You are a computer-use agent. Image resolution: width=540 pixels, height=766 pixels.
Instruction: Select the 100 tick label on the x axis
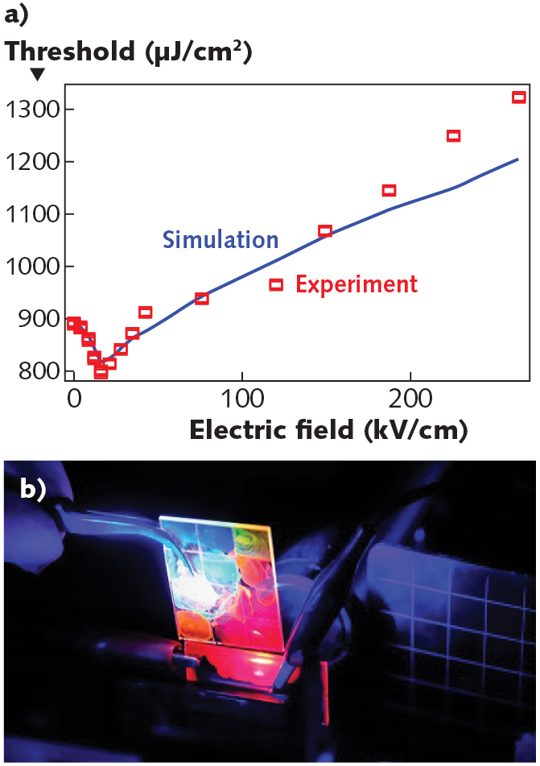tap(242, 399)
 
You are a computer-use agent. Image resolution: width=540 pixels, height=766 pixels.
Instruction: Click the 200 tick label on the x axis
tap(410, 399)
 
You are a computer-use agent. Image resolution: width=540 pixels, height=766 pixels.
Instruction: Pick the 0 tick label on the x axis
tap(73, 399)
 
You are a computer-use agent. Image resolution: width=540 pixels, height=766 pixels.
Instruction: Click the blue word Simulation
tap(221, 240)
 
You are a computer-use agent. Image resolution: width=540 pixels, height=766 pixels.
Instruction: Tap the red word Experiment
tap(357, 284)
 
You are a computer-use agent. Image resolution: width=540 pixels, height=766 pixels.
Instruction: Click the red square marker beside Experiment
tap(276, 284)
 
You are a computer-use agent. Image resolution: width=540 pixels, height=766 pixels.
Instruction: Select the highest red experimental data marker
tap(519, 97)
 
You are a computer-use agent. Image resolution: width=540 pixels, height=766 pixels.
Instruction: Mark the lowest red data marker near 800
tap(101, 373)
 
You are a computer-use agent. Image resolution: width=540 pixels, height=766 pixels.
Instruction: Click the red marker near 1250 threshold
tap(453, 136)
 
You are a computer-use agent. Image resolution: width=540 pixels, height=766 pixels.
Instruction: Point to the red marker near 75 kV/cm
tap(202, 299)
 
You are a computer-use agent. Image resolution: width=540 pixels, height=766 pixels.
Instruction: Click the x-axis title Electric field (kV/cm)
tap(328, 429)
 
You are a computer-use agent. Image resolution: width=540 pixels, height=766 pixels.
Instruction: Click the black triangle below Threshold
tap(37, 75)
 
